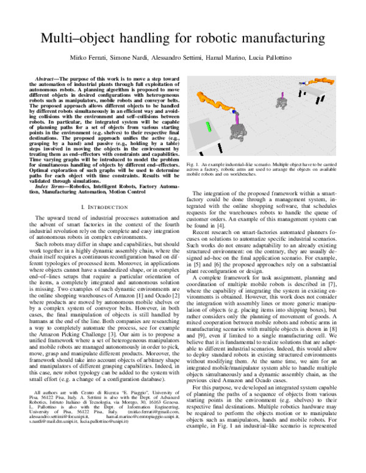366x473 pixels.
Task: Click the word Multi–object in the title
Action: [x=72, y=40]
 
